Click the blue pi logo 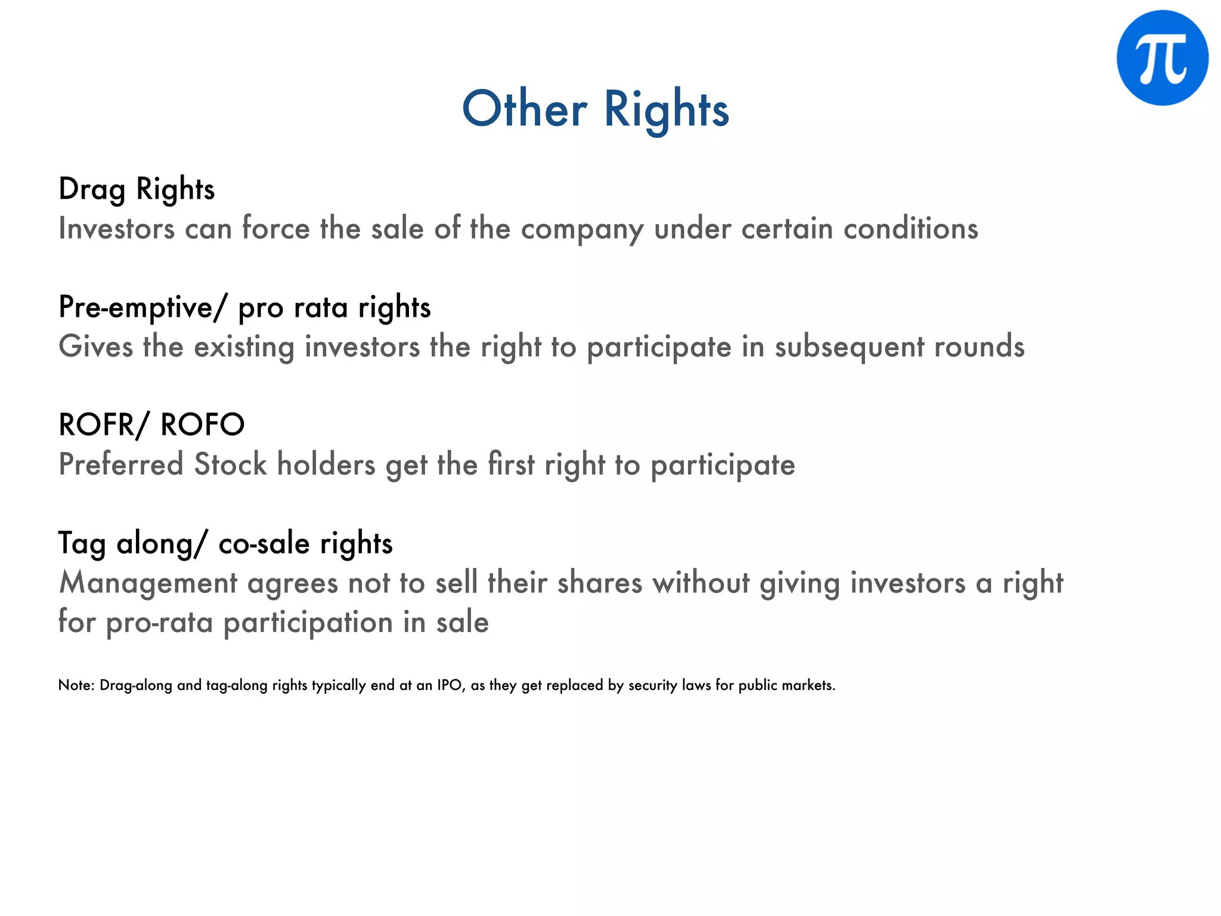click(1162, 58)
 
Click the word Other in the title click(525, 109)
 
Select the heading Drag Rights click(137, 189)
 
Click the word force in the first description click(275, 228)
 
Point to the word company click(582, 229)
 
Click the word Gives click(95, 346)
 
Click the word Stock click(230, 465)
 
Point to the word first click(510, 464)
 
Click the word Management click(148, 583)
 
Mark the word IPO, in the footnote click(451, 685)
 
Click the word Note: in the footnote click(76, 685)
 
